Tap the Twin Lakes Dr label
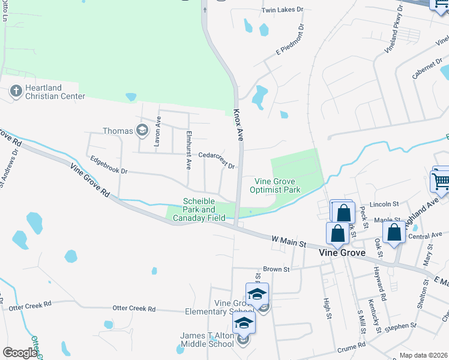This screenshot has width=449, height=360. [283, 11]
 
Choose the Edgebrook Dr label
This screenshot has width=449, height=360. [108, 166]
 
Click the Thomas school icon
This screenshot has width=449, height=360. [142, 130]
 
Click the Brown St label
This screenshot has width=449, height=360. [276, 269]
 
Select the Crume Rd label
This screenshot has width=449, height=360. [351, 346]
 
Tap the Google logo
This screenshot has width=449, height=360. [20, 353]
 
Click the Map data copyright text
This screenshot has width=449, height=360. [423, 355]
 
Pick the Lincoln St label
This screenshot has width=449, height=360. [385, 204]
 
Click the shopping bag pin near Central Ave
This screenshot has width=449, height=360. [394, 233]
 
